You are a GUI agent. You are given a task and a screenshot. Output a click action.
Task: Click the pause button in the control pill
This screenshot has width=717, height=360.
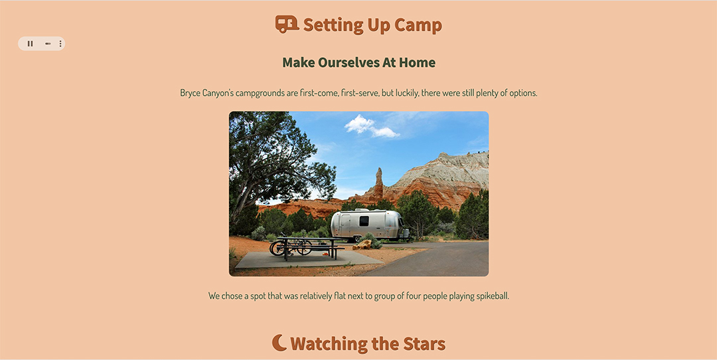coord(30,43)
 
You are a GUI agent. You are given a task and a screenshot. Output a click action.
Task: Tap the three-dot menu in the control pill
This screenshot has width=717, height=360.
coord(60,43)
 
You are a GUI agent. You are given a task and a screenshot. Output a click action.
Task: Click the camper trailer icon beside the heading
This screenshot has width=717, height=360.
coord(287,25)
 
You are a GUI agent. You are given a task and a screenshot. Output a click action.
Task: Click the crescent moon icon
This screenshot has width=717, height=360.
coord(279,343)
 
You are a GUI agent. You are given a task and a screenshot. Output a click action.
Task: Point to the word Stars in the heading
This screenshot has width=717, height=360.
coord(424,343)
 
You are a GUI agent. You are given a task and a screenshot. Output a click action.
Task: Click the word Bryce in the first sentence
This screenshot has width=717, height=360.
coord(190,93)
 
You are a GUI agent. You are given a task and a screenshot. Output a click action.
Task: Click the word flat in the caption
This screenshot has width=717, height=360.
coord(327,296)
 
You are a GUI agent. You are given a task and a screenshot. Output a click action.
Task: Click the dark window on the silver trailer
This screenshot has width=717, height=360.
coord(364,221)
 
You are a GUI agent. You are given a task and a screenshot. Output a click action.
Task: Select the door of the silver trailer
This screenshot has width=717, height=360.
coord(345,226)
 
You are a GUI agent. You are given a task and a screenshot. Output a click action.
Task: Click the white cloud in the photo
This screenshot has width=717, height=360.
coord(371,126)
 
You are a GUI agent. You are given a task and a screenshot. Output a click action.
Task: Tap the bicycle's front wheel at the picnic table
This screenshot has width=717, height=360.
coord(277,248)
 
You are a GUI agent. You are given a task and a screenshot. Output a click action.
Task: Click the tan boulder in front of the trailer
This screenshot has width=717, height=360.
coord(363,244)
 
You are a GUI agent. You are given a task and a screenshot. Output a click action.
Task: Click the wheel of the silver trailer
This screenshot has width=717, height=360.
coord(357,238)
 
